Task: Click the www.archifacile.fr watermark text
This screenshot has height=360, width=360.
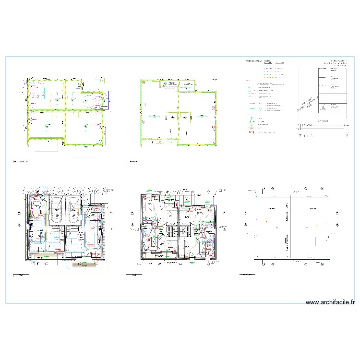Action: (330, 302)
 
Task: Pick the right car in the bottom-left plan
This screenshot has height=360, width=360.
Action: (73, 210)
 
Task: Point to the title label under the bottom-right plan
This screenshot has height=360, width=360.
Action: (247, 275)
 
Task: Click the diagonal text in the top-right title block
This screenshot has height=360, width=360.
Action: (308, 103)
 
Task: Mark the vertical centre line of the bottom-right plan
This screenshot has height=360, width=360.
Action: (290, 226)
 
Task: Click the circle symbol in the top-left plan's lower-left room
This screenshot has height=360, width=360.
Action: (46, 126)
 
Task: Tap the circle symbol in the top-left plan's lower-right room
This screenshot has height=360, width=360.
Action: (85, 126)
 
